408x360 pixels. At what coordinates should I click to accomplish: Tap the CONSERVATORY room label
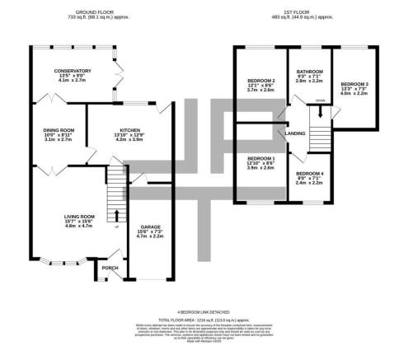[67, 72]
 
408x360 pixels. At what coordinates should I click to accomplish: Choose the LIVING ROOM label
[80, 217]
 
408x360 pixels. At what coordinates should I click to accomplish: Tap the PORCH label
[109, 268]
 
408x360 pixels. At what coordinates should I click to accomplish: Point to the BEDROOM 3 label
[354, 84]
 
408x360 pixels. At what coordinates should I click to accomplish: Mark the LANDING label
[295, 133]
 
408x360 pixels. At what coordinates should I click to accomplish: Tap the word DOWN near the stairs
[321, 101]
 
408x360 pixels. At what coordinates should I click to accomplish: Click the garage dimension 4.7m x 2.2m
[149, 236]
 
